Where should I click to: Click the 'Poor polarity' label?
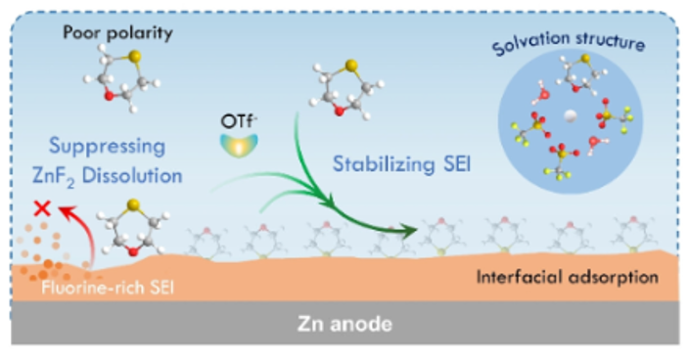point(117,33)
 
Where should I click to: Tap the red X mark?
point(42,208)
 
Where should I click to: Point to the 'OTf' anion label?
point(238,121)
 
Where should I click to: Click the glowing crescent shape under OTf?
point(238,146)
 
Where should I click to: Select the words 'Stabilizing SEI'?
point(401,164)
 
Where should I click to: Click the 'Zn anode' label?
point(344,324)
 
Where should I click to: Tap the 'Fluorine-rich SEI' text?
point(108,288)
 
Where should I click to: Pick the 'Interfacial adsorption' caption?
point(568,277)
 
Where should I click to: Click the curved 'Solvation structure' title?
point(569,42)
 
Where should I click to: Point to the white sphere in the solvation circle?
point(570,115)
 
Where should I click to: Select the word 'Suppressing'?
point(107,147)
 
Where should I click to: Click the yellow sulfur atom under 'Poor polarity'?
point(135,56)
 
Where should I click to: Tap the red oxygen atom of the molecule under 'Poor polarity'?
point(109,95)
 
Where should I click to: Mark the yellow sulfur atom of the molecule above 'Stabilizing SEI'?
point(351,66)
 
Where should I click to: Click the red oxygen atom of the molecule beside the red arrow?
point(132,250)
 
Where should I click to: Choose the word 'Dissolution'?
point(132,175)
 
